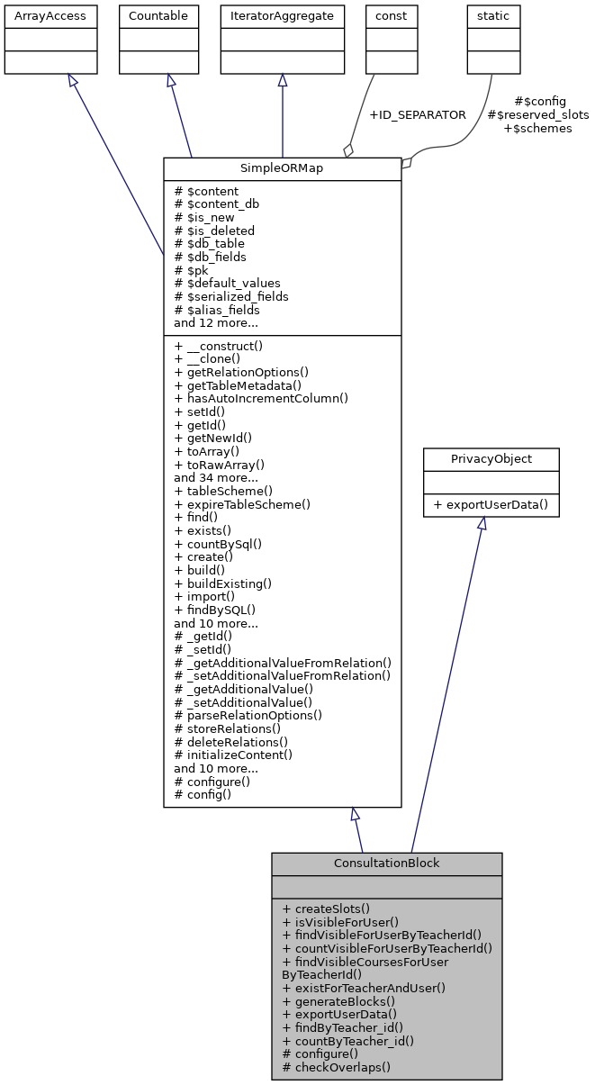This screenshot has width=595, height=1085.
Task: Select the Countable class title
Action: click(x=158, y=16)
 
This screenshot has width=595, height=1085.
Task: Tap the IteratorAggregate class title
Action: click(x=283, y=16)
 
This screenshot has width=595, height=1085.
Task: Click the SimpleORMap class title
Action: click(x=282, y=169)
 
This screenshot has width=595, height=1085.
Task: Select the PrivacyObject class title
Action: click(x=491, y=459)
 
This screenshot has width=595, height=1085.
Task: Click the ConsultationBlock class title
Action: click(x=386, y=863)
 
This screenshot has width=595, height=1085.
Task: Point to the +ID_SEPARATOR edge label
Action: click(x=418, y=115)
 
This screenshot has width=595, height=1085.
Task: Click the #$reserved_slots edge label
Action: click(x=537, y=115)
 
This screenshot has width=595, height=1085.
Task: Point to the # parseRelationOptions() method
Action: click(x=248, y=715)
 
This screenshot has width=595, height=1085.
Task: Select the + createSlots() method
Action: click(x=326, y=909)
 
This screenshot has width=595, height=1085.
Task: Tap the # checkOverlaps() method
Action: click(x=336, y=1067)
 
